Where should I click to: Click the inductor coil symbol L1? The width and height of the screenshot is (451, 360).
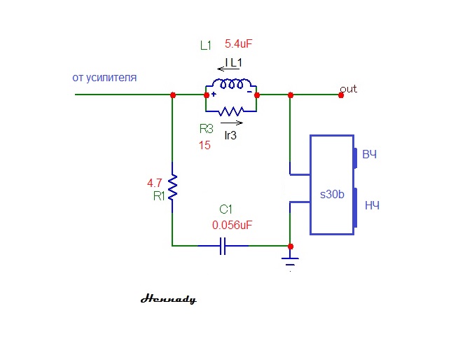click(231, 86)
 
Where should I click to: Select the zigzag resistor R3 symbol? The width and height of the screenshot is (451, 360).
click(231, 111)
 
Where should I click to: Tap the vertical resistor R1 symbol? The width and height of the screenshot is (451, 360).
click(172, 187)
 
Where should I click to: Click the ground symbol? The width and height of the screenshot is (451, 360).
click(291, 261)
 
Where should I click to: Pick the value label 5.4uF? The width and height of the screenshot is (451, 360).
click(238, 44)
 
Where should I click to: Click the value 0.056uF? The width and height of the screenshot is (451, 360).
click(232, 226)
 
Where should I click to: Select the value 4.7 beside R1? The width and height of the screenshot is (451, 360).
click(155, 184)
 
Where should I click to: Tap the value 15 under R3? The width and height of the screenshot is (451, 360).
click(204, 146)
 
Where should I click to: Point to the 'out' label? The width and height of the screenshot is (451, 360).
click(348, 89)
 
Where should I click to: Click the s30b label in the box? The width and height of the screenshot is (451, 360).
click(332, 195)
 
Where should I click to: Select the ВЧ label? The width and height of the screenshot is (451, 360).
click(369, 154)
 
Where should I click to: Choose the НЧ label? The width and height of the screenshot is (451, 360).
click(371, 205)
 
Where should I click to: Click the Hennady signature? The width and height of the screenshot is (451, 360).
click(168, 299)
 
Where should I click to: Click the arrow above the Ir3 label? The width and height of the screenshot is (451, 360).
click(232, 123)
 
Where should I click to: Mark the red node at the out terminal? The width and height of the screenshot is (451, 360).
click(341, 95)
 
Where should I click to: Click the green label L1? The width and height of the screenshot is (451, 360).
click(206, 46)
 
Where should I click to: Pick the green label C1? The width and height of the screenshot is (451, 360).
click(225, 209)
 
